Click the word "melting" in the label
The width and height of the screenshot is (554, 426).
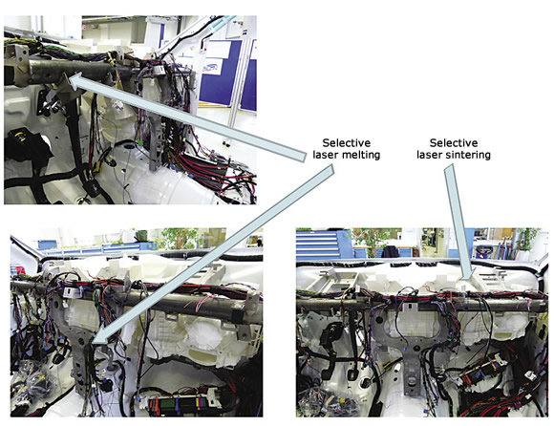(x=358, y=155)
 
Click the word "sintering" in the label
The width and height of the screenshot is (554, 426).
(x=467, y=155)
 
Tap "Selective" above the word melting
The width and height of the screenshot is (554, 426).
(x=346, y=142)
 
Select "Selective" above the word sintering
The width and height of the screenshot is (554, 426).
(x=454, y=142)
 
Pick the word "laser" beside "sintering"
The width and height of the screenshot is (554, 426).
(x=429, y=155)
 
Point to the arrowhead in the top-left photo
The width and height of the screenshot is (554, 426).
(x=75, y=80)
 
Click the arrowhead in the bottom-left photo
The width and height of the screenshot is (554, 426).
(x=100, y=336)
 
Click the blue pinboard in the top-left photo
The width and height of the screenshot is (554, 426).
(x=221, y=73)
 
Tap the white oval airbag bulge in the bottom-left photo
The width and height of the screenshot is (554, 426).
(x=201, y=333)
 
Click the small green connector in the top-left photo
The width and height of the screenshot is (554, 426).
(x=141, y=144)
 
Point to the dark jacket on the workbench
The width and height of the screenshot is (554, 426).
(x=390, y=252)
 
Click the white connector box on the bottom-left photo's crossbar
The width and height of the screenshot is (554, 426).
(x=70, y=291)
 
